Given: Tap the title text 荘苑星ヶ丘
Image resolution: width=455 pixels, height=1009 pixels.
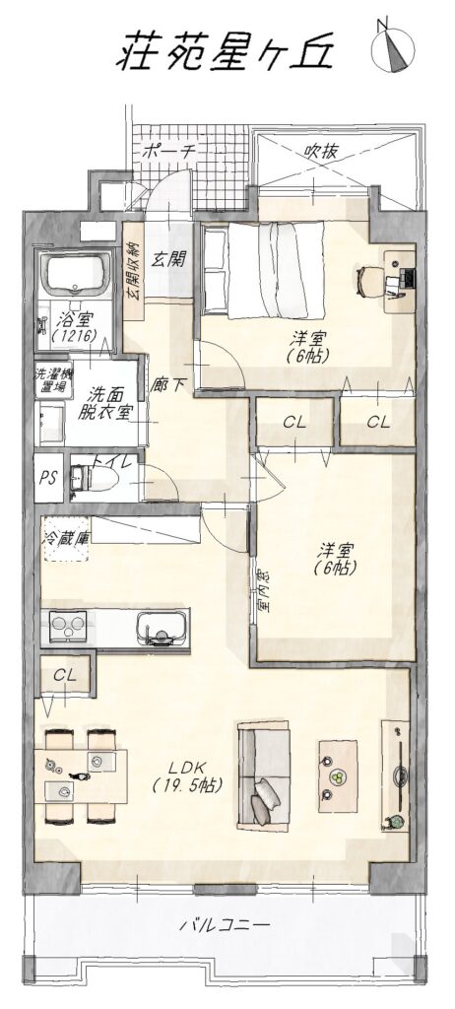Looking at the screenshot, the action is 226,49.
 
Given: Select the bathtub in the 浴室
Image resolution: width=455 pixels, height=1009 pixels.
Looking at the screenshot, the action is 75,273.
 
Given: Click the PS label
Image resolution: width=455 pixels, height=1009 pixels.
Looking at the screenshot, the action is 48,479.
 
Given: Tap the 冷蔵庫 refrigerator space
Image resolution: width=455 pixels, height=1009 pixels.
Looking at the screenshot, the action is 65,538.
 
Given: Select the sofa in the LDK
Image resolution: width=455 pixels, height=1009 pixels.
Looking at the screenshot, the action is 264,775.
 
